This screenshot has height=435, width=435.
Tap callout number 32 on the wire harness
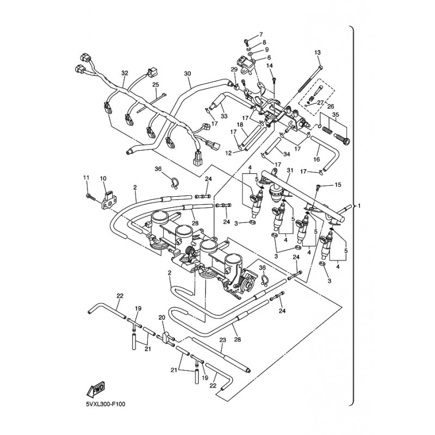point(125,73)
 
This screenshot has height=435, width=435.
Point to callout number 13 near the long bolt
point(318,52)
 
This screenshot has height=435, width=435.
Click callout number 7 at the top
point(261,34)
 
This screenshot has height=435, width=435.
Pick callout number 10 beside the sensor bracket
point(103,178)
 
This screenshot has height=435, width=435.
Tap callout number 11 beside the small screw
point(85,178)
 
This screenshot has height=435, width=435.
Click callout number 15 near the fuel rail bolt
point(338,185)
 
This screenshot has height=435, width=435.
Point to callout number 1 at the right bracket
point(359,207)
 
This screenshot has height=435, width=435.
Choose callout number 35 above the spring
point(336,115)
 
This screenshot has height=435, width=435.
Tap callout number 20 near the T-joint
point(161,318)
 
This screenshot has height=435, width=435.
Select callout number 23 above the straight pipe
point(222,340)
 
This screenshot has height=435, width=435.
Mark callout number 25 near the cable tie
point(155,85)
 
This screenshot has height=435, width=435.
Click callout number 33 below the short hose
point(223,115)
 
